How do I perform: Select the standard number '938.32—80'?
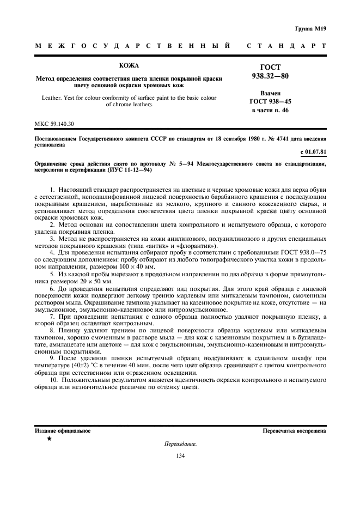tap(270, 76)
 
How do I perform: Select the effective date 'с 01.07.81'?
tap(313, 151)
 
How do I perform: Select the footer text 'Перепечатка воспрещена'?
tap(294, 430)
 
